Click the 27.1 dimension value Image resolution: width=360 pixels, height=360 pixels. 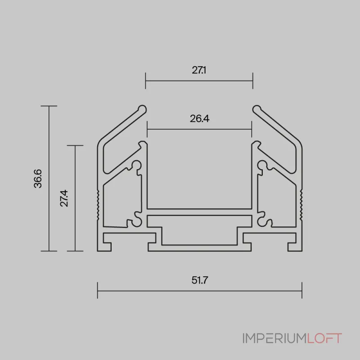(x=199, y=70)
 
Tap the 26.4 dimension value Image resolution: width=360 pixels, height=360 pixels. (x=199, y=119)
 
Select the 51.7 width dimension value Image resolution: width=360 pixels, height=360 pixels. (x=200, y=280)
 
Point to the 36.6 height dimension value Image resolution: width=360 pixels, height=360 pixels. (x=38, y=179)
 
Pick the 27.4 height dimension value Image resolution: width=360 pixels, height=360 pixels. (x=64, y=198)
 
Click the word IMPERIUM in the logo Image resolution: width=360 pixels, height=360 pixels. (x=275, y=338)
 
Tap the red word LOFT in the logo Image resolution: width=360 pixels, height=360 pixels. (x=324, y=338)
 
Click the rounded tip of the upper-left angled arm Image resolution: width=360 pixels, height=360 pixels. (x=142, y=109)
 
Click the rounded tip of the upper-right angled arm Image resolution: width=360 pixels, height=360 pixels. (x=256, y=109)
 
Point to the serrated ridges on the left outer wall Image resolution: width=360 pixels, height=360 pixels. (x=98, y=205)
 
